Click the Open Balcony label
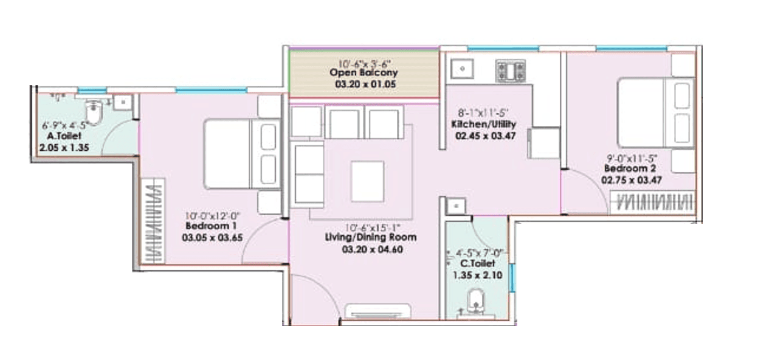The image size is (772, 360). [364, 73]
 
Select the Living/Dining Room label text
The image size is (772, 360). [372, 237]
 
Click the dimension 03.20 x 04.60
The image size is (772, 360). [372, 249]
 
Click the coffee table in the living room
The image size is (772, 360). [367, 181]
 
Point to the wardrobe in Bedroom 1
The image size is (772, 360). [153, 220]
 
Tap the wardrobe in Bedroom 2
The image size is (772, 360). [652, 201]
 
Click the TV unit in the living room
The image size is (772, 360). [380, 311]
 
